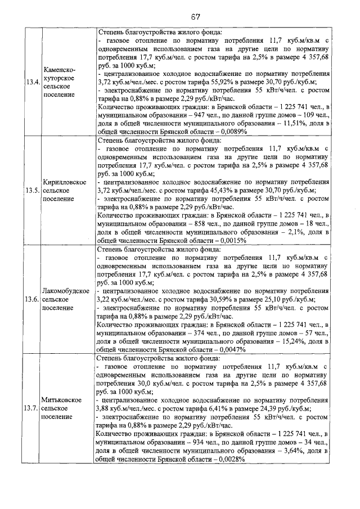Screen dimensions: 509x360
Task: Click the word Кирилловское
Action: pos(64,182)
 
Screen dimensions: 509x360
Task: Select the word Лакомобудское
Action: pos(66,290)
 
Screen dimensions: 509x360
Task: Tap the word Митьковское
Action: pos(62,399)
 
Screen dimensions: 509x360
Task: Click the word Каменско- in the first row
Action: pos(60,69)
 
